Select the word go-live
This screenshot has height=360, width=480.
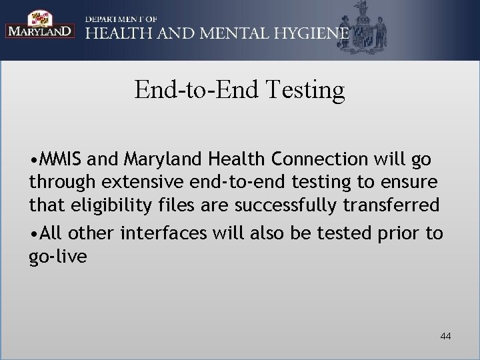click(58, 257)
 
